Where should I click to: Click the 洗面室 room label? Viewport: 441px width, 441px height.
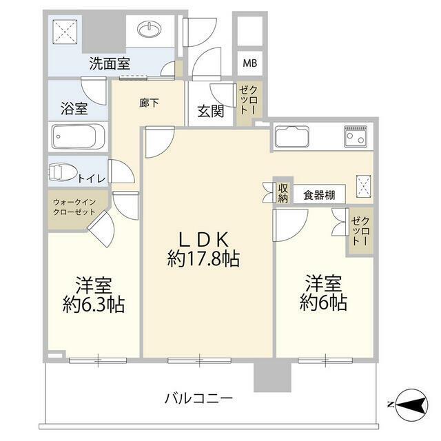110,64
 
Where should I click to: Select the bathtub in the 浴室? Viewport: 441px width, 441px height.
77,137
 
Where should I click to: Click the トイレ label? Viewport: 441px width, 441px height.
92,178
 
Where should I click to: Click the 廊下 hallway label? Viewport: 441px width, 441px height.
149,103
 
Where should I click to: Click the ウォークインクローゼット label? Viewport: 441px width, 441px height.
75,207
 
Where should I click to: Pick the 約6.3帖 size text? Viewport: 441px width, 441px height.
94,305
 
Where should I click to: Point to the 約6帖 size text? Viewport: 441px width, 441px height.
323,302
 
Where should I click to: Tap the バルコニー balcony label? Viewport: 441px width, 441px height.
198,398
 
